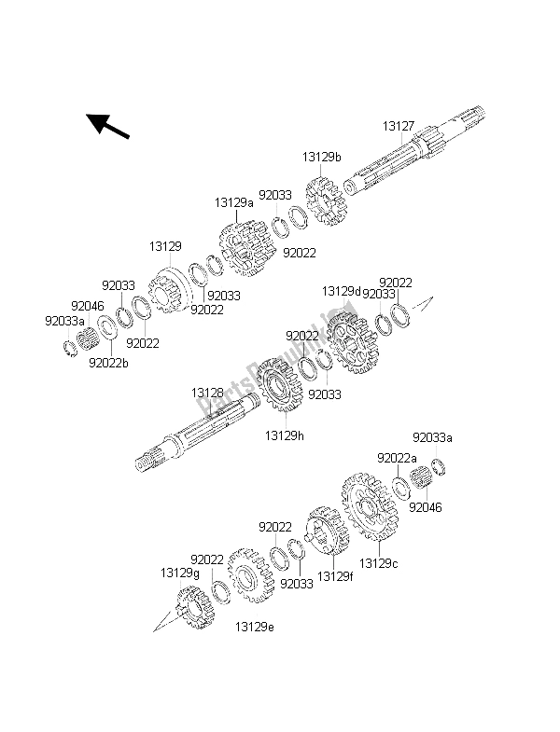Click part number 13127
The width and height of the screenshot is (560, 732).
[399, 125]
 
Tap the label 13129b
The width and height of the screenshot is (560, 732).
[321, 158]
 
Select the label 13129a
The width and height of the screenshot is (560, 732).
[233, 201]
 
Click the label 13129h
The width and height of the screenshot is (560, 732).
[283, 435]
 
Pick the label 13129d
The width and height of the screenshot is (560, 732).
[341, 291]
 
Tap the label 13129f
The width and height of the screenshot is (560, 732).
[335, 576]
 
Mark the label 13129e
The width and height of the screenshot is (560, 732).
[255, 626]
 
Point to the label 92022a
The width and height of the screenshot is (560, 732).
[397, 458]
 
